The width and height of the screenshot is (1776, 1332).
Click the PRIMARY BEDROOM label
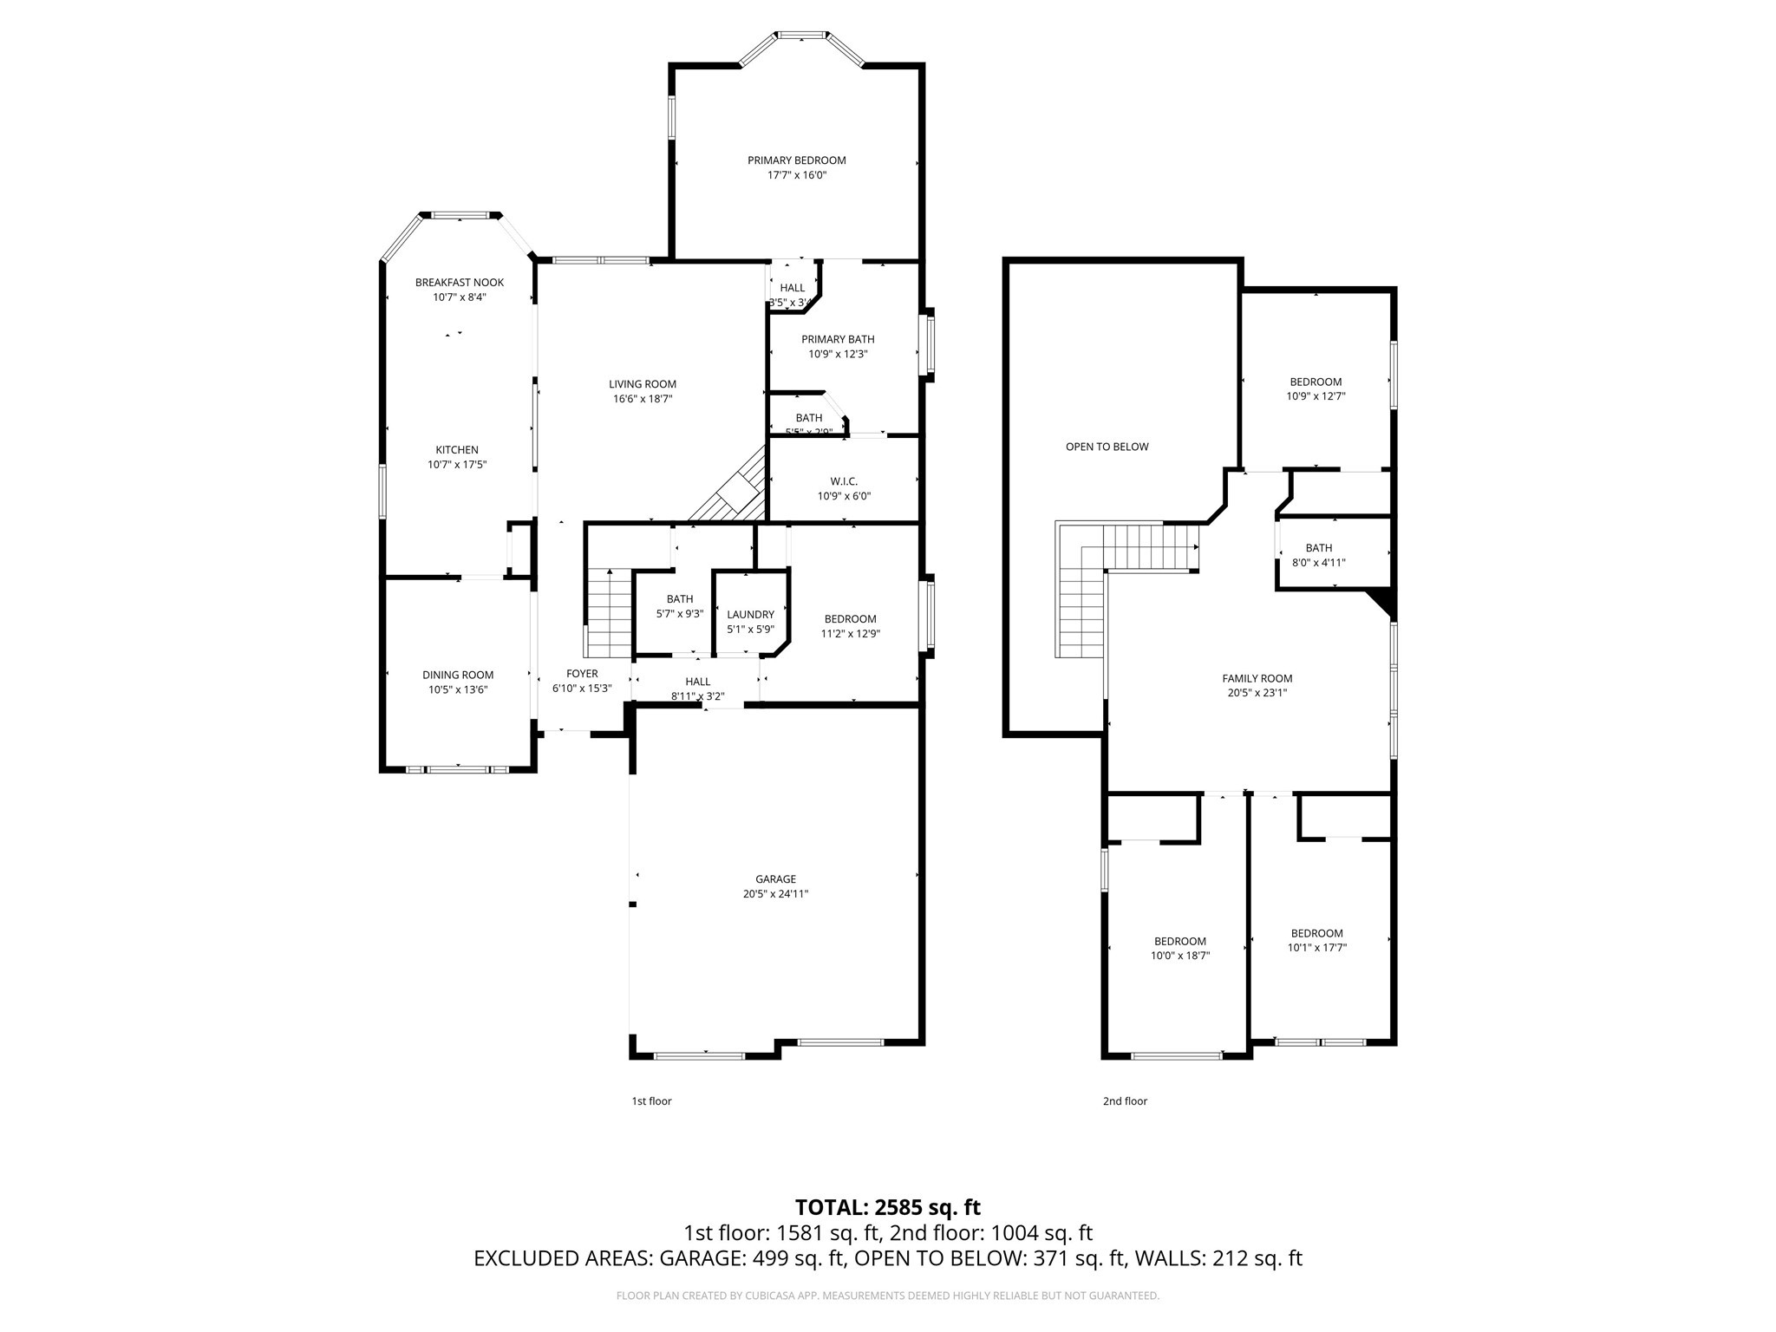(x=796, y=160)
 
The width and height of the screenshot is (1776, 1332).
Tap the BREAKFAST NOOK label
(x=459, y=283)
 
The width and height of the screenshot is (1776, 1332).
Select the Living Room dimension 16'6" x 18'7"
(x=642, y=399)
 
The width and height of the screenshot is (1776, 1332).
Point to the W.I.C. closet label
(x=843, y=481)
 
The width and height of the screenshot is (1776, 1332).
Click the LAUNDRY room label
(x=750, y=615)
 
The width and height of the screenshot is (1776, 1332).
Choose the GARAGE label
(x=775, y=879)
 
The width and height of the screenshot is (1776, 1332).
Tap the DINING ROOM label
(x=458, y=675)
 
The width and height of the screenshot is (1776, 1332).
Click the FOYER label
(x=582, y=674)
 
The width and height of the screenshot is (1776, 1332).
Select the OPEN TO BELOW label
(x=1107, y=447)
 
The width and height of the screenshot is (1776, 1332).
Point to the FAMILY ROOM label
(x=1257, y=679)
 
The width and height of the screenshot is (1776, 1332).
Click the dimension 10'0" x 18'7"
(x=1179, y=956)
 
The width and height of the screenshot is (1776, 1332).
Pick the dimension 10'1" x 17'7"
(x=1316, y=948)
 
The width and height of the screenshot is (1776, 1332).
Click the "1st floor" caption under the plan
(x=650, y=1101)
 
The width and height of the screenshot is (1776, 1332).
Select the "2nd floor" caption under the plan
(x=1125, y=1101)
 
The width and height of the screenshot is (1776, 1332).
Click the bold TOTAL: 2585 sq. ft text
(x=887, y=1207)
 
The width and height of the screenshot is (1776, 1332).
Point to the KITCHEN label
(x=456, y=450)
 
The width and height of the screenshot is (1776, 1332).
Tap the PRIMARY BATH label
(x=838, y=339)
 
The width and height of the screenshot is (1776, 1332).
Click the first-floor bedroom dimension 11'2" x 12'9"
(x=850, y=633)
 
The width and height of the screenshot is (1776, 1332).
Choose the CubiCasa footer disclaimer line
(x=887, y=1296)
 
